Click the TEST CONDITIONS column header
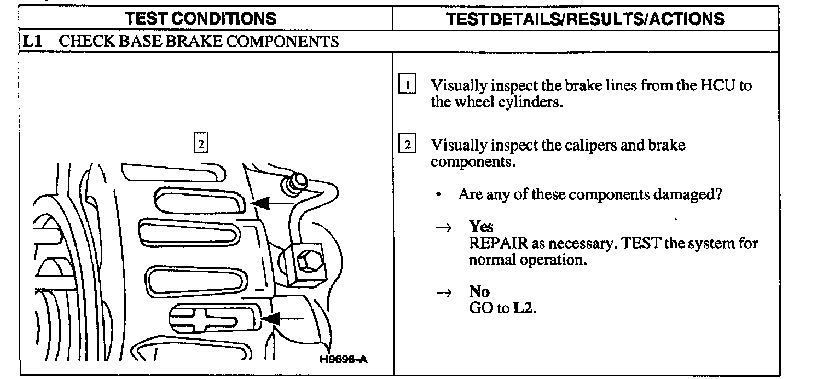click(201, 19)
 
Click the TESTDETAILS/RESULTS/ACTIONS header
click(585, 19)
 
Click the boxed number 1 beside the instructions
click(408, 85)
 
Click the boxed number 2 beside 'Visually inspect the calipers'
click(408, 145)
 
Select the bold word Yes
click(481, 227)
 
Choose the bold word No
click(479, 292)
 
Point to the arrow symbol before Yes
click(447, 227)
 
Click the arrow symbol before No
click(447, 293)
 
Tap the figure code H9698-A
click(344, 359)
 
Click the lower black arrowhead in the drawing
click(269, 318)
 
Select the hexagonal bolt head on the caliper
click(308, 262)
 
